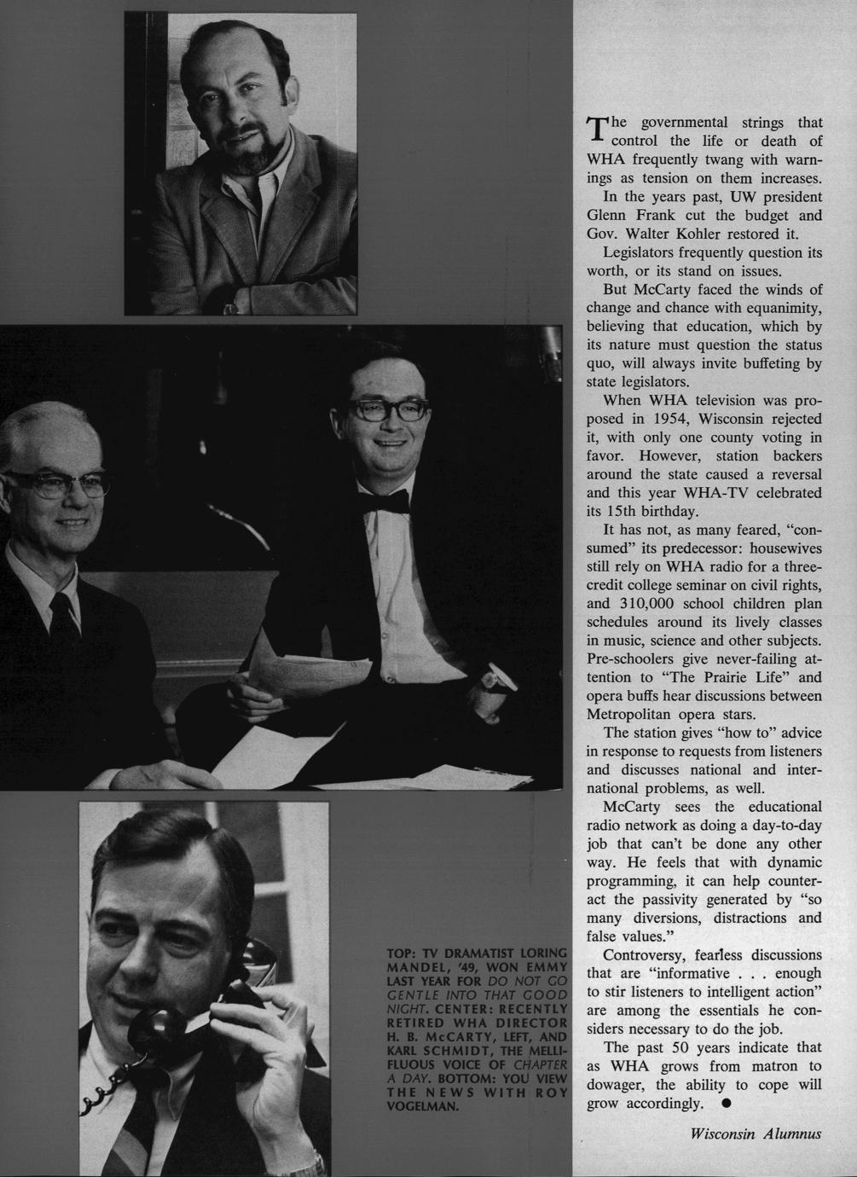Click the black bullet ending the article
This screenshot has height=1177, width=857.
point(727,1104)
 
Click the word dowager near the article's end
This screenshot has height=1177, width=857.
point(620,1086)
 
